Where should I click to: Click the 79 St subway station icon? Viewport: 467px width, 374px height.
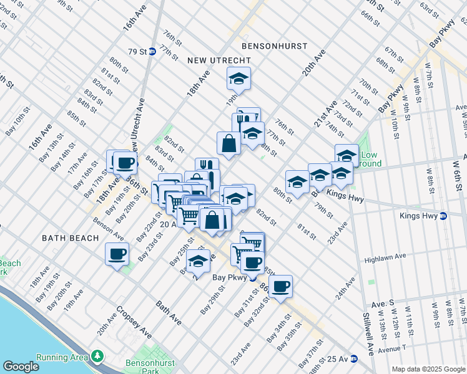tap(152, 52)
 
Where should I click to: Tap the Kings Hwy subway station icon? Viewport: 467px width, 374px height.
tap(443, 216)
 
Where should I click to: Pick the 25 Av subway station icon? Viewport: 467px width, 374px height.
tap(353, 358)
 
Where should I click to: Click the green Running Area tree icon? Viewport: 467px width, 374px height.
tap(97, 356)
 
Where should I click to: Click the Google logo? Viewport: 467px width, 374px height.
tap(21, 367)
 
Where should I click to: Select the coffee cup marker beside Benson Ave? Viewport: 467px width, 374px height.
tap(117, 254)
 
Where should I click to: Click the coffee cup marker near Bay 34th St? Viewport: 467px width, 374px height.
tap(281, 286)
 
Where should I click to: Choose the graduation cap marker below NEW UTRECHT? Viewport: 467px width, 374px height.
tap(238, 79)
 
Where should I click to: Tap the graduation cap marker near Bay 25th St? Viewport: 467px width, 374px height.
tap(198, 261)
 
